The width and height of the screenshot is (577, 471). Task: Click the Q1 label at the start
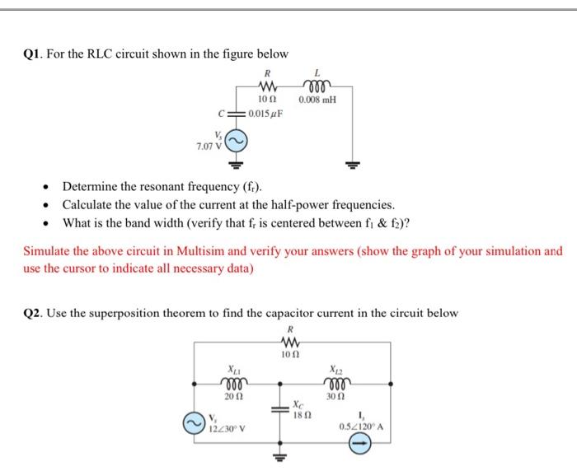tap(32, 54)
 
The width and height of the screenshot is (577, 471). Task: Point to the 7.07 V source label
tap(208, 145)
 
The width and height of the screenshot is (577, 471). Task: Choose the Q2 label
tap(32, 313)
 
